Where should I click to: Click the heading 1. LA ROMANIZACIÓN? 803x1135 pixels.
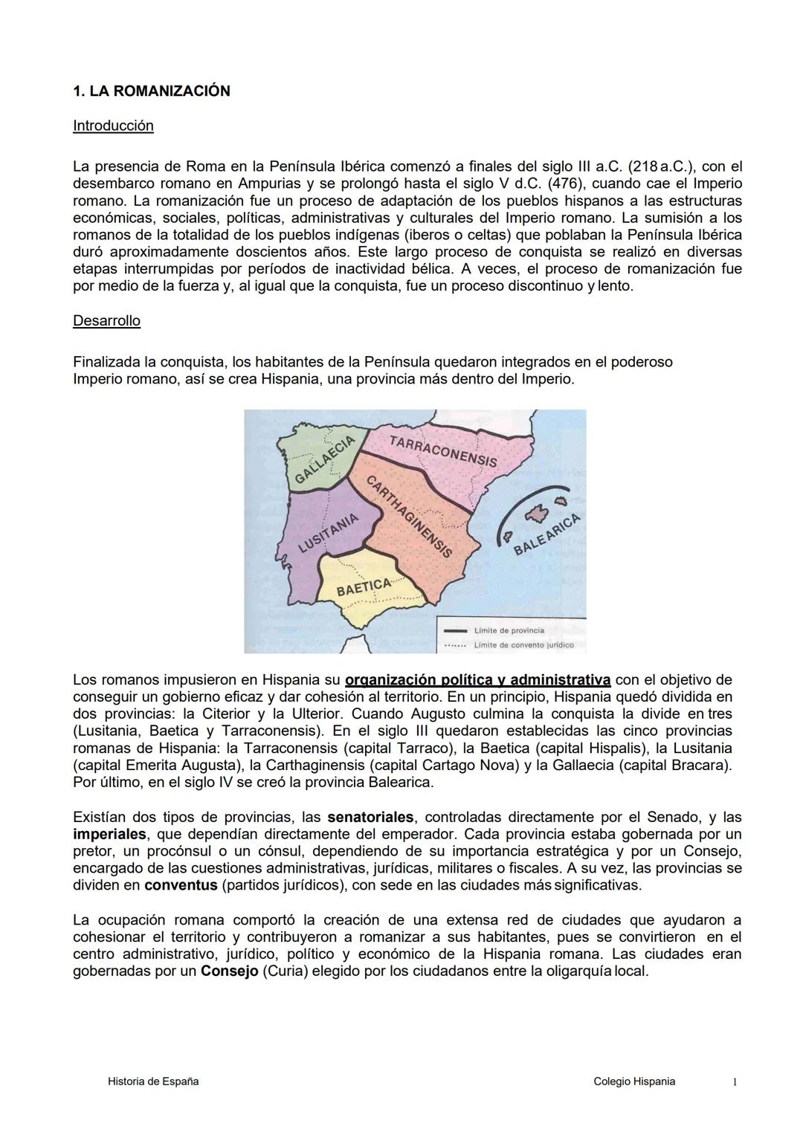(x=152, y=91)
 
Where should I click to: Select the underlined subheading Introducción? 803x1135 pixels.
(x=113, y=126)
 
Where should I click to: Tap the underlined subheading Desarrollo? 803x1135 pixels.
(x=106, y=321)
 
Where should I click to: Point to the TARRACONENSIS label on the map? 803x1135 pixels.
(x=443, y=451)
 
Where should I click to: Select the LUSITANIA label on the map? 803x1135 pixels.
(x=329, y=532)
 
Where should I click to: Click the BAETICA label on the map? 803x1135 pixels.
(x=364, y=587)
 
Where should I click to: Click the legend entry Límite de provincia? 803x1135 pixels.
(x=509, y=630)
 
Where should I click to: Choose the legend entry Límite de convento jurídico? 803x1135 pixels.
(x=523, y=644)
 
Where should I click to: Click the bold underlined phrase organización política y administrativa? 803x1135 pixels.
(x=478, y=680)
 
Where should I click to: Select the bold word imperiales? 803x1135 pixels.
(x=109, y=835)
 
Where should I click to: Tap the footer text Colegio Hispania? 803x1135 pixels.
(x=634, y=1081)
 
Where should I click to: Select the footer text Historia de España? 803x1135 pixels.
(x=153, y=1081)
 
